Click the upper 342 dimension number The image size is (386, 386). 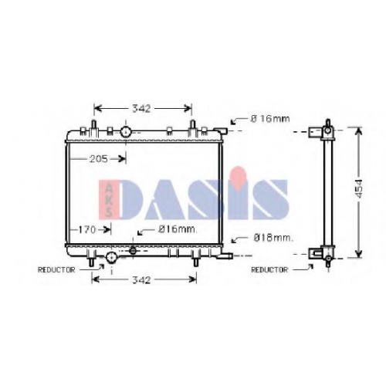(x=141, y=109)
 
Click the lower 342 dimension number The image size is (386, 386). (x=141, y=279)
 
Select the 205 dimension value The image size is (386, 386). (x=99, y=159)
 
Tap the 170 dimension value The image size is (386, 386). (x=87, y=229)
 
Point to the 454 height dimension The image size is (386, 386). (x=360, y=188)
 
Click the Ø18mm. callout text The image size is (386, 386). (x=273, y=238)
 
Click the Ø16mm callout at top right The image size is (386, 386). (x=270, y=119)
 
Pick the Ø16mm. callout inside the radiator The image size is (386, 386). (x=178, y=229)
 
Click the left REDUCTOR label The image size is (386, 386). (x=56, y=270)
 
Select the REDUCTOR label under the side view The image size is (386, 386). (x=269, y=270)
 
